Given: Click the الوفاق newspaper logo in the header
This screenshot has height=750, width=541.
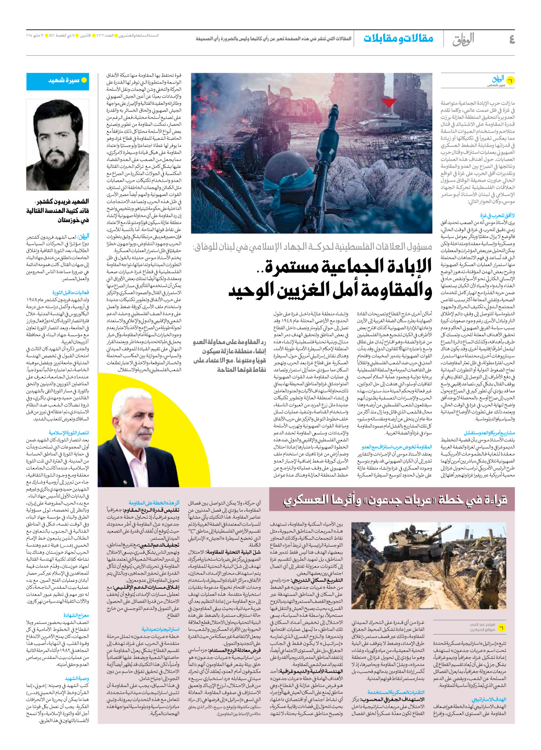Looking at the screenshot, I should tap(463, 40).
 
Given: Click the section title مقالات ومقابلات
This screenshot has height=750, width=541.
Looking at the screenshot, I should tap(398, 38).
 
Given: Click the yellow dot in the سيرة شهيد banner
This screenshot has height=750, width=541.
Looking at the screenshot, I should tap(84, 80).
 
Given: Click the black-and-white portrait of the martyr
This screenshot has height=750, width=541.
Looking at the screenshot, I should tap(58, 144).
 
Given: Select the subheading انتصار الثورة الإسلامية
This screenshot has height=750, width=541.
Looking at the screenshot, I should tap(69, 433).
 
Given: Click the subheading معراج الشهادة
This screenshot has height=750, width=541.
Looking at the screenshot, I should tap(76, 615).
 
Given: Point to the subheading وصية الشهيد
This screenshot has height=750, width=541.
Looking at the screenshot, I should tap(77, 679).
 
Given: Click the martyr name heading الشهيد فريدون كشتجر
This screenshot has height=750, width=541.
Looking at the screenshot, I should tap(62, 202).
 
